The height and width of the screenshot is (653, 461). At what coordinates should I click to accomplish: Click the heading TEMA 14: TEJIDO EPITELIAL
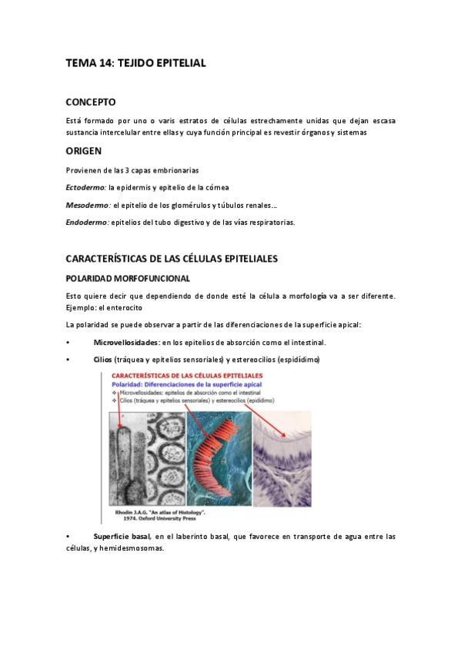tap(135, 63)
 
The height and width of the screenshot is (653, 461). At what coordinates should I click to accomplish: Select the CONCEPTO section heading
tap(91, 102)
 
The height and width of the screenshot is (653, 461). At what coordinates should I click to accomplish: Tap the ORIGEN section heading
tap(84, 152)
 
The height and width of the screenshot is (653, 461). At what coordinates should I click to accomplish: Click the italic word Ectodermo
tap(85, 187)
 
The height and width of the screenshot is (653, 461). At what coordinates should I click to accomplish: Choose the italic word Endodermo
tap(87, 223)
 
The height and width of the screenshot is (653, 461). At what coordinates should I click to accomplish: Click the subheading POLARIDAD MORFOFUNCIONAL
tap(128, 278)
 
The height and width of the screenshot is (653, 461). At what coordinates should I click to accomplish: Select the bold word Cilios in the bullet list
tap(102, 360)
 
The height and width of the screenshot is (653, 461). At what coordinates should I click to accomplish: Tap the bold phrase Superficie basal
tap(122, 536)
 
